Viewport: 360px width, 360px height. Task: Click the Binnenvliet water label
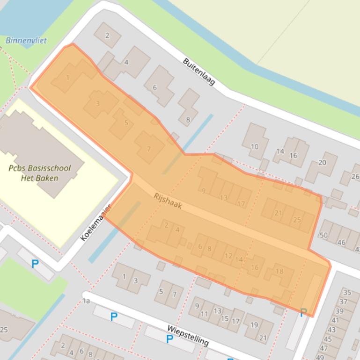click(26, 41)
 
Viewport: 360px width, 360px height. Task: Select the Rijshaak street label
click(167, 201)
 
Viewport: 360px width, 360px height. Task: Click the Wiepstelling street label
click(188, 336)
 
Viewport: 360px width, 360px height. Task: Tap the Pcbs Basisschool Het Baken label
click(40, 173)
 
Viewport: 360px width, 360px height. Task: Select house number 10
click(254, 146)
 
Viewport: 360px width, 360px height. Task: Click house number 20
click(322, 162)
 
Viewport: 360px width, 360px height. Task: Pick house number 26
click(355, 176)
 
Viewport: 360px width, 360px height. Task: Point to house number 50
click(323, 235)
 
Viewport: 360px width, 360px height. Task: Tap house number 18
click(279, 271)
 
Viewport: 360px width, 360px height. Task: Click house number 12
click(228, 256)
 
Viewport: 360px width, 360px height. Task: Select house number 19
click(254, 325)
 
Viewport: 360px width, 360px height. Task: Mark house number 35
click(347, 293)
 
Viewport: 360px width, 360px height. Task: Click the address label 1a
click(86, 301)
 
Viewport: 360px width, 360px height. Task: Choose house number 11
click(204, 314)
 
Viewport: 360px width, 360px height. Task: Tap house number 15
click(225, 319)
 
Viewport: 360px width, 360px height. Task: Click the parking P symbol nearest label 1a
click(114, 317)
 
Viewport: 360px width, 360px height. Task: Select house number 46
click(342, 243)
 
